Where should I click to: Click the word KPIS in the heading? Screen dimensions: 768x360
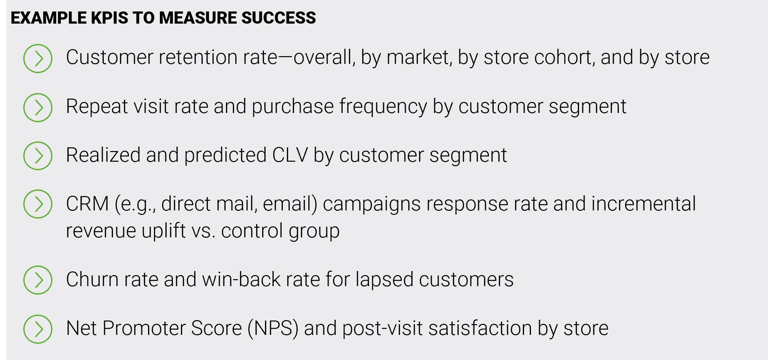coord(110,18)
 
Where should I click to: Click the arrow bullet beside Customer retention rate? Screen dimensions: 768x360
coord(38,58)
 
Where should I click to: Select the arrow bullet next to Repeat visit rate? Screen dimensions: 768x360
coord(38,107)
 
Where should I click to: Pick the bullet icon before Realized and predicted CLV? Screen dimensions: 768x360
coord(38,156)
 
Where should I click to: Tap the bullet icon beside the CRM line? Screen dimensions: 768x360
coord(38,204)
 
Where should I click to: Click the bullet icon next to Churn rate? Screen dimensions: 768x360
coord(38,280)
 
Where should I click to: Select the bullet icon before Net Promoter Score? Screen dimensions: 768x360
coord(38,329)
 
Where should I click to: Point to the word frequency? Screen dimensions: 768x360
coord(383,107)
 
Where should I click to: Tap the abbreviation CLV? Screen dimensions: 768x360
coord(290,155)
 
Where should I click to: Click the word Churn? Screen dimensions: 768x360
coord(92,279)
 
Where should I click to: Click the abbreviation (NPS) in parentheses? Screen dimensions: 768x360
coord(273,328)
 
